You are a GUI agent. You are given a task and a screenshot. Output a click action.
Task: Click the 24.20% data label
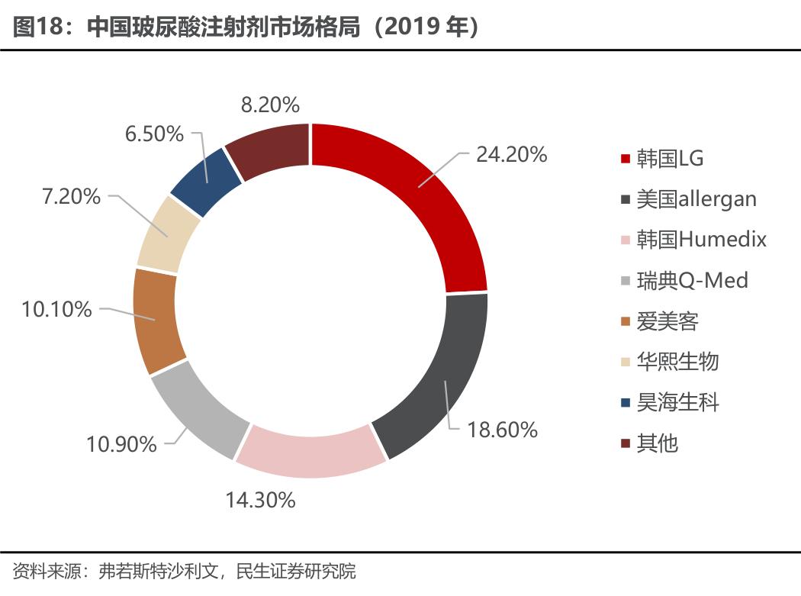click(511, 154)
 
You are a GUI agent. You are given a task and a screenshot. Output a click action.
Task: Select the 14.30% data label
click(260, 501)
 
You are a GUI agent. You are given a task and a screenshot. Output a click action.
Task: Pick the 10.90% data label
click(121, 444)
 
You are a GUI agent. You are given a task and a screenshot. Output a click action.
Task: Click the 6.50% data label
click(154, 134)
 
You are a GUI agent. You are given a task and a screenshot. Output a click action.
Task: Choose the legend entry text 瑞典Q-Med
click(692, 280)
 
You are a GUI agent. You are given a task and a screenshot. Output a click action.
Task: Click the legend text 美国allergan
click(696, 199)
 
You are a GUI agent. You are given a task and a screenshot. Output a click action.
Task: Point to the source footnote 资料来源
click(184, 570)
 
